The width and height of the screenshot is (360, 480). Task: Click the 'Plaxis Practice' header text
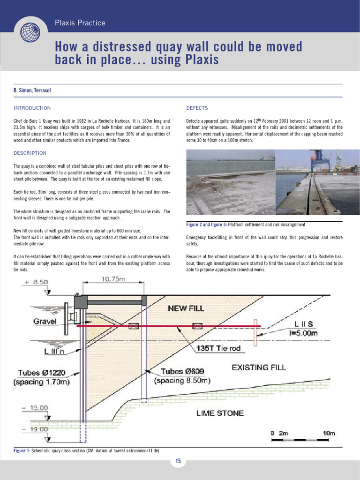[80, 23]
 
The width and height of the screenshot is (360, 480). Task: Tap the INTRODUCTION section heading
[32, 108]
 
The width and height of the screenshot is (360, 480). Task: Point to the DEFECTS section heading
[197, 108]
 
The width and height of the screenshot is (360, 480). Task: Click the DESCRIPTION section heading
[30, 153]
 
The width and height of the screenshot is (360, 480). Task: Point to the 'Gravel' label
[45, 322]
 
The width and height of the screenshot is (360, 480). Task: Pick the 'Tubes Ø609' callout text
[183, 372]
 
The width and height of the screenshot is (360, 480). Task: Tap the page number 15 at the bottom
[178, 461]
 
